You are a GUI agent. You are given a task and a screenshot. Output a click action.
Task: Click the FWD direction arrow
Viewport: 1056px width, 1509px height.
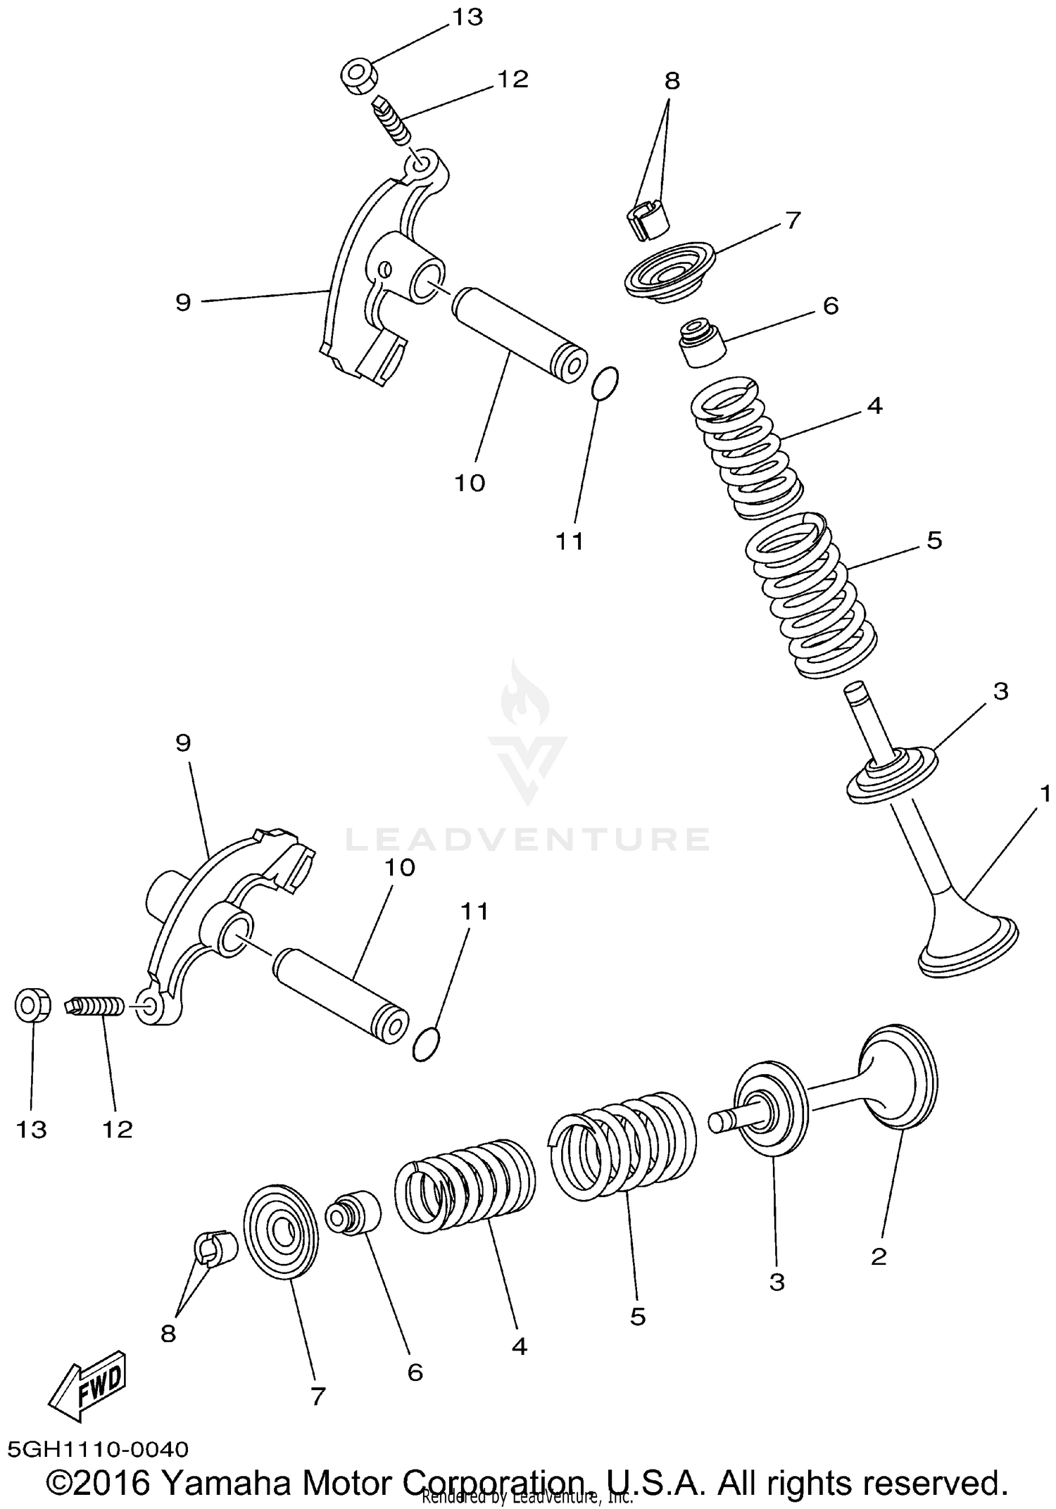88,1384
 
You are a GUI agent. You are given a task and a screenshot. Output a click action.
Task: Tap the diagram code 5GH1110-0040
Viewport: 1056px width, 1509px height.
99,1449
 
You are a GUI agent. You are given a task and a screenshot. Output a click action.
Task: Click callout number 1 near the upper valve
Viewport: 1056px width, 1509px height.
1045,794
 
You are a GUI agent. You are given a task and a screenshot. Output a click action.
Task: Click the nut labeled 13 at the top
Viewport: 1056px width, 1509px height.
359,76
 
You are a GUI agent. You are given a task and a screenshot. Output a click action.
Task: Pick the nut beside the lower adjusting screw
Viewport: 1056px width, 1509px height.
33,1006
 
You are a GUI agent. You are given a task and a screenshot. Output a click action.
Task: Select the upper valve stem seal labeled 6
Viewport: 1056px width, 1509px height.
701,343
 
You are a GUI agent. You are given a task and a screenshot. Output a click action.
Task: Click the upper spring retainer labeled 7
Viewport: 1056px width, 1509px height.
669,273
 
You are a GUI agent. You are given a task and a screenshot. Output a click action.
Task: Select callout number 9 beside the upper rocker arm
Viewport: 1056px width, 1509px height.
183,303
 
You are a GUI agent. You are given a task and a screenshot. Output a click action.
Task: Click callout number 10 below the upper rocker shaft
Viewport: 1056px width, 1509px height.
470,483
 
